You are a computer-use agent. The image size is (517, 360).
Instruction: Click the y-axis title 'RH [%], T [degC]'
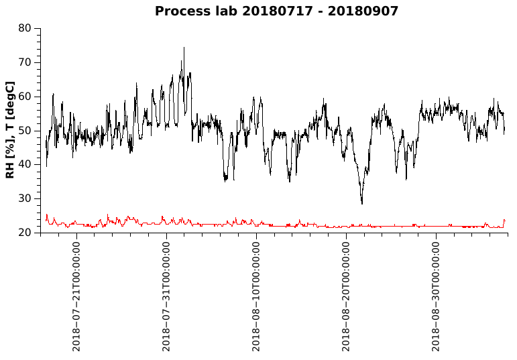(10, 130)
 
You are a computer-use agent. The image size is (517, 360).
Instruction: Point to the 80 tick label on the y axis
(25, 28)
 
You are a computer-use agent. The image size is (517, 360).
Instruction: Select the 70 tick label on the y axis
(25, 62)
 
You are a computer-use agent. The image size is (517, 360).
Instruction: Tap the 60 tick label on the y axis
(25, 97)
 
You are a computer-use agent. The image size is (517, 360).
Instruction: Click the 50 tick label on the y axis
(25, 131)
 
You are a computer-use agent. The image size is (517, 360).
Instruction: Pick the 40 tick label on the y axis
(25, 164)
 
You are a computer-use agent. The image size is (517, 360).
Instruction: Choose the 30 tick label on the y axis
(25, 198)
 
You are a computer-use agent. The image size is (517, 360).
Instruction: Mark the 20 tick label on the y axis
(25, 233)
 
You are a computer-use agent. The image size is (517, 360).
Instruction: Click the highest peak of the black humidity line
(184, 48)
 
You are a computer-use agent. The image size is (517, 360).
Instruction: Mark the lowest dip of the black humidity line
(362, 203)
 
